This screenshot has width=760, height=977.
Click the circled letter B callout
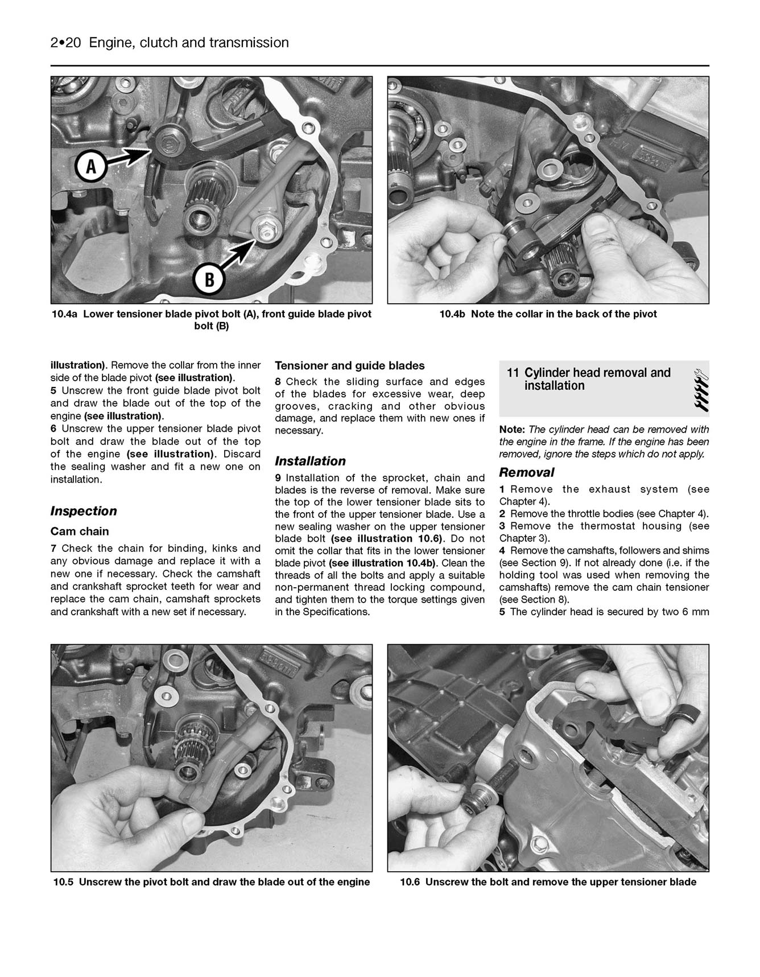209,279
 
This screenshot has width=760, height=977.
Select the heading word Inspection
84,511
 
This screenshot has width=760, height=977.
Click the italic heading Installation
310,461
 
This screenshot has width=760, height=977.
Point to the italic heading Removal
526,472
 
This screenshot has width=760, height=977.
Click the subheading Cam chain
80,531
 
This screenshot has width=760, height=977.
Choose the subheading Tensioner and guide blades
350,365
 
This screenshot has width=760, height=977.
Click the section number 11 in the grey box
513,373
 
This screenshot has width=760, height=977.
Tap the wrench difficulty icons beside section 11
700,390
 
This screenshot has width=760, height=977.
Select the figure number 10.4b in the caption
453,314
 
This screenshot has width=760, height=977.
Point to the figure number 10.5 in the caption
64,882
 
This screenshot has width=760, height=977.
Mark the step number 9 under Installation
278,478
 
